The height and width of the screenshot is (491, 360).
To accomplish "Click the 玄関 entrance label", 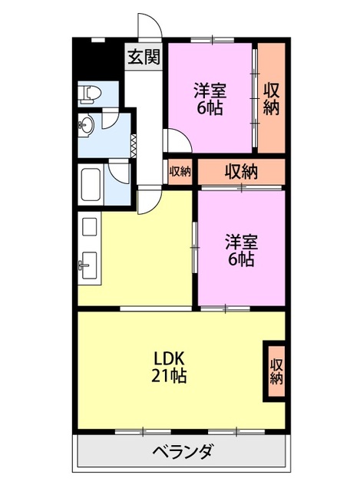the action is click(144, 57).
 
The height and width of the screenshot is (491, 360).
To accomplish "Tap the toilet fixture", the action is click(89, 94).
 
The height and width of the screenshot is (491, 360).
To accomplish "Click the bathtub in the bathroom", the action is click(91, 184).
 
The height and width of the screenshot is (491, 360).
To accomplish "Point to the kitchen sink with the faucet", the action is click(89, 265).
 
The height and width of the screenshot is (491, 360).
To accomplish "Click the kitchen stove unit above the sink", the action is click(90, 227).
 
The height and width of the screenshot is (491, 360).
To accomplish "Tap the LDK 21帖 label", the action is click(169, 367).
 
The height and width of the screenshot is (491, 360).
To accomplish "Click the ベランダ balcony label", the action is click(183, 451).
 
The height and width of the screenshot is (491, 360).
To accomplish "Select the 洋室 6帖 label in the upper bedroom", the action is click(210, 99).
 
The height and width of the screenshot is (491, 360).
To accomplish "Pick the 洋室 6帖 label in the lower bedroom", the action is click(241, 251).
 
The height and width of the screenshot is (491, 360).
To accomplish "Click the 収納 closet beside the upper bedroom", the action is click(271, 98).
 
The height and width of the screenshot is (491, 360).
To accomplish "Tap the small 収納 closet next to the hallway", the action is click(180, 172).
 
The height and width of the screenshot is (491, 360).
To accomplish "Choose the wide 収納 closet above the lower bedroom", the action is click(241, 172).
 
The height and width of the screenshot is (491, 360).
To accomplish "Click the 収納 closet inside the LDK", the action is click(276, 371).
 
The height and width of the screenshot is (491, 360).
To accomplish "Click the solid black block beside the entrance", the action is click(97, 60).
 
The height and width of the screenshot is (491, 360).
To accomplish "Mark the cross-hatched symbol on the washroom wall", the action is click(134, 146).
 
